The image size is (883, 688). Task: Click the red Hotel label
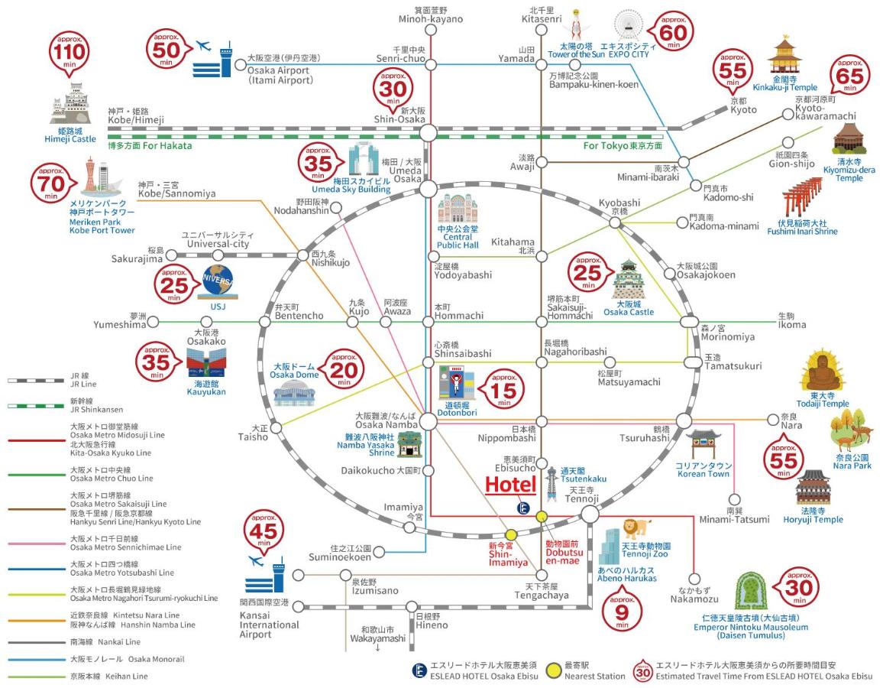[511, 485]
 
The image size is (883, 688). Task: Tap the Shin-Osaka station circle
[428, 132]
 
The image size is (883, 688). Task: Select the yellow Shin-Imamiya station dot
[511, 534]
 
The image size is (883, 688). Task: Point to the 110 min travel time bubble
[70, 54]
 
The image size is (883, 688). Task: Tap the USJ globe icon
[218, 282]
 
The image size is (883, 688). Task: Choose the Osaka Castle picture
[628, 280]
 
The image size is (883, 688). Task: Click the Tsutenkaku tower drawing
[551, 484]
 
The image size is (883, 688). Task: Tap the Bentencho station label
[299, 316]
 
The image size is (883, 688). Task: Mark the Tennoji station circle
[590, 514]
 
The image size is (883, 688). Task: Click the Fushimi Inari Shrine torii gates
[803, 198]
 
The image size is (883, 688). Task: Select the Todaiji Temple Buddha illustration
[822, 370]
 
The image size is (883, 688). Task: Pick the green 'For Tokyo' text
[623, 145]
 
